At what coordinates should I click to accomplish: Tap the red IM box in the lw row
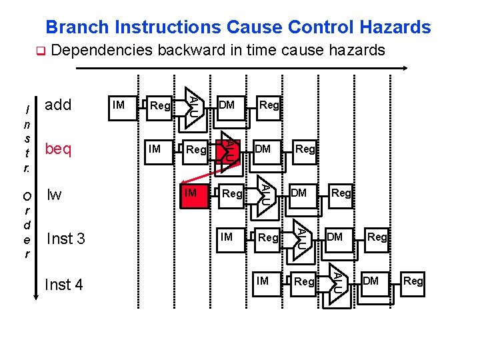191,193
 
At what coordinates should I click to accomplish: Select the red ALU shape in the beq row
227,151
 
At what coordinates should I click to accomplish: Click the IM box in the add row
119,105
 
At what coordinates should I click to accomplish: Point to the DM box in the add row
227,105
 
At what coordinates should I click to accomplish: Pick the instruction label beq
58,149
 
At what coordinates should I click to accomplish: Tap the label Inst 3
65,239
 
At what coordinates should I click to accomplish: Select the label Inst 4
63,285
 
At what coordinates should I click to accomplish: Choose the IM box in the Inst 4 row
263,281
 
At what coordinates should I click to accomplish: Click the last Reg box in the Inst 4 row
413,281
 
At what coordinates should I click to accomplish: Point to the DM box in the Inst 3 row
335,237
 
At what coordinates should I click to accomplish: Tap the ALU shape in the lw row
264,193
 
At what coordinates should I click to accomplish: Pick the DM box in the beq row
263,149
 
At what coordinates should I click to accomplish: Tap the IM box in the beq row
155,149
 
